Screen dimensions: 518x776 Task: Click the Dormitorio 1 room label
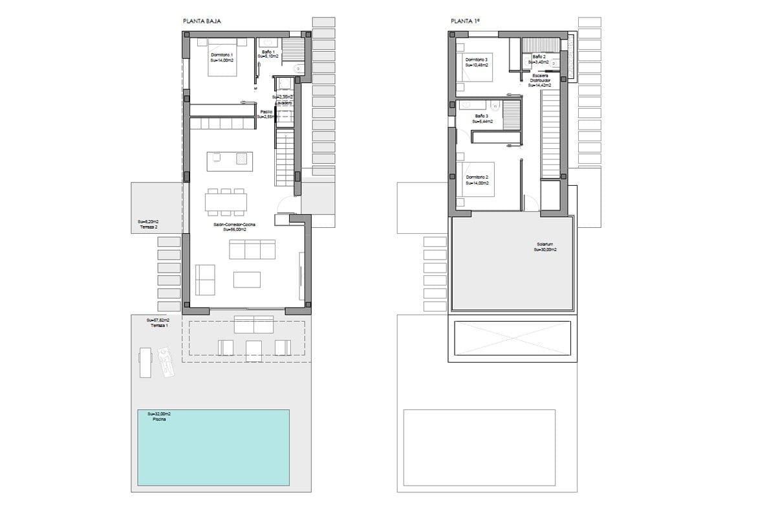tap(222, 55)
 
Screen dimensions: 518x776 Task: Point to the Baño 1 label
tap(268, 52)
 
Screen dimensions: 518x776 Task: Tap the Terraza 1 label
tap(158, 326)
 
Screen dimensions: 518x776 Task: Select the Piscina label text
tap(159, 419)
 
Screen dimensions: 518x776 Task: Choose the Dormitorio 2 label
tap(477, 177)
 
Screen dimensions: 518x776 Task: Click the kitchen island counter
tap(230, 161)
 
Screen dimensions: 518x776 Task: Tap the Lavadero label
tap(283, 103)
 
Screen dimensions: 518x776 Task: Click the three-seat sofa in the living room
tap(252, 249)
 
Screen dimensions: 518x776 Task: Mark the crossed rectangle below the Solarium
tap(514, 338)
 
